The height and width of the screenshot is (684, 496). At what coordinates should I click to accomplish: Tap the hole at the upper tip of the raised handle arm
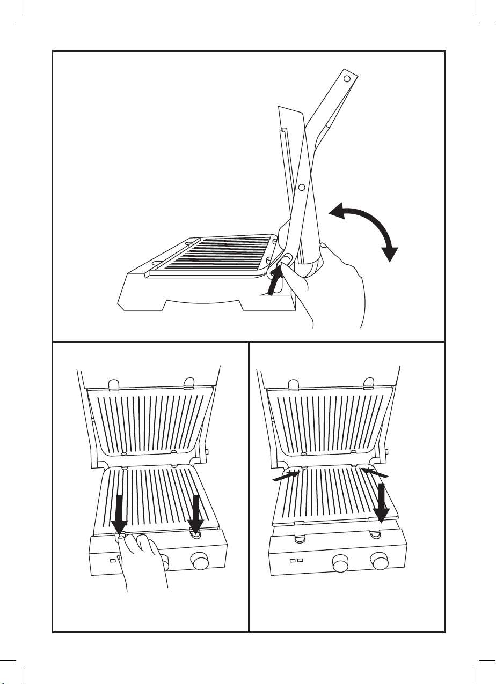click(x=347, y=79)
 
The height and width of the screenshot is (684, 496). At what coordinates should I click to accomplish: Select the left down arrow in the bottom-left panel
click(x=119, y=515)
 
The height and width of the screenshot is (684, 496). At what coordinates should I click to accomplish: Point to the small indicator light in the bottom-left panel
click(x=113, y=560)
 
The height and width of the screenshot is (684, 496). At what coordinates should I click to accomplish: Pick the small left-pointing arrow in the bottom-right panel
click(x=375, y=473)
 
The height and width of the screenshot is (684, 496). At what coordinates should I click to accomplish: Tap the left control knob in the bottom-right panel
click(x=340, y=563)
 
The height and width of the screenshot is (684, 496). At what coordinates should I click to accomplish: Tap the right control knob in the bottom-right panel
click(x=380, y=563)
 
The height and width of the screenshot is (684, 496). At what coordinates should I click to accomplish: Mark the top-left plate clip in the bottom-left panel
click(x=113, y=384)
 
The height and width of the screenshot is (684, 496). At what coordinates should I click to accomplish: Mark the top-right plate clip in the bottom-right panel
click(x=369, y=384)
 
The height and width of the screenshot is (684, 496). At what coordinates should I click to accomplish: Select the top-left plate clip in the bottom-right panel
click(x=293, y=384)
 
